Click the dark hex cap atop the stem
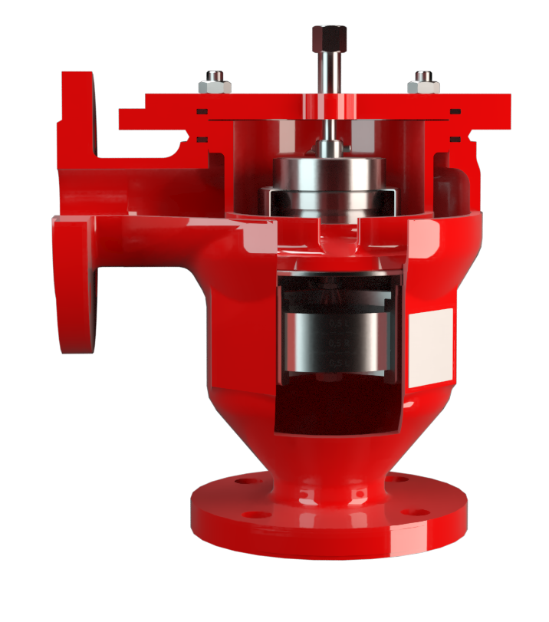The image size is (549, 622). [x=329, y=35]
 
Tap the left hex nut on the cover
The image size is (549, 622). [x=215, y=83]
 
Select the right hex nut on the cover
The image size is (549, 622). [x=423, y=83]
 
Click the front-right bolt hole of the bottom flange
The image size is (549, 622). [x=415, y=512]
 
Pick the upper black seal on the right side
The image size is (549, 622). [x=455, y=112]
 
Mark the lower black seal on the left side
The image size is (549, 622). [x=202, y=139]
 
